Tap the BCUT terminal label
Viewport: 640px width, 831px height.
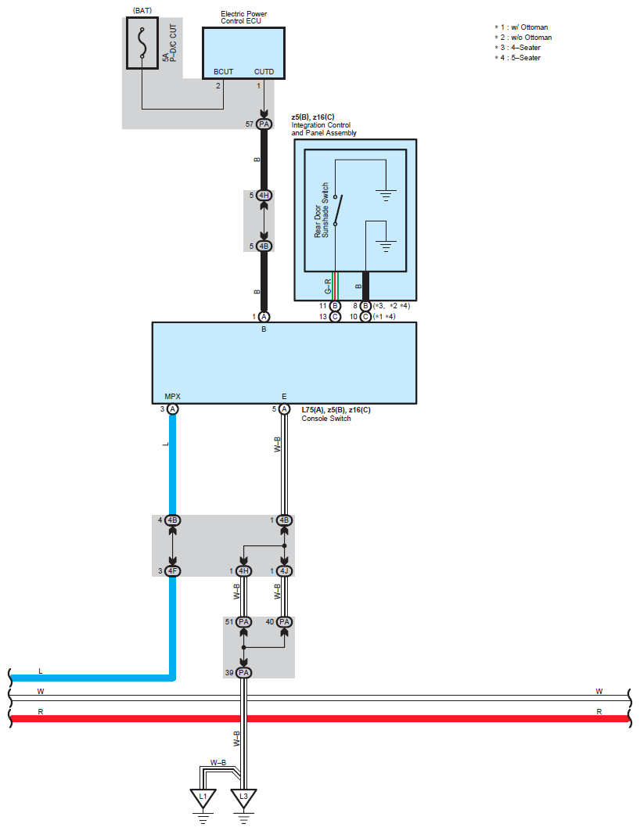pyautogui.click(x=224, y=72)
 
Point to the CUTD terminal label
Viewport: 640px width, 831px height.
pyautogui.click(x=264, y=72)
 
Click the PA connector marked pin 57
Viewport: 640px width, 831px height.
pyautogui.click(x=264, y=124)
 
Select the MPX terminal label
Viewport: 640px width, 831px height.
pyautogui.click(x=173, y=396)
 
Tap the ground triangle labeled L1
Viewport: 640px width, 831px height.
pyautogui.click(x=203, y=798)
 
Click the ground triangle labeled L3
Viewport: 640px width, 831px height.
pyautogui.click(x=244, y=798)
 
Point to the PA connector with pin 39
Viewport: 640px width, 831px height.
pyautogui.click(x=244, y=673)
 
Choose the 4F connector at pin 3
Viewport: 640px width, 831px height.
pyautogui.click(x=173, y=571)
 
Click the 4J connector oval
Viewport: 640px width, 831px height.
pyautogui.click(x=284, y=571)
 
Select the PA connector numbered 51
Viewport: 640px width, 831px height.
pyautogui.click(x=244, y=622)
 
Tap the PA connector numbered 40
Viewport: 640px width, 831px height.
pyautogui.click(x=284, y=622)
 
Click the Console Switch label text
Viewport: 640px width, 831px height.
pyautogui.click(x=325, y=419)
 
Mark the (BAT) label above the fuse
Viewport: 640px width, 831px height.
pyautogui.click(x=142, y=10)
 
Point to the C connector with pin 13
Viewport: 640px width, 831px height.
pyautogui.click(x=335, y=317)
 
